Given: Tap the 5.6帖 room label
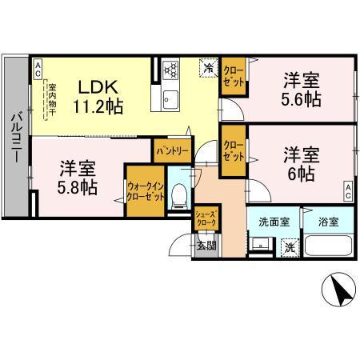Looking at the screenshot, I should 301,90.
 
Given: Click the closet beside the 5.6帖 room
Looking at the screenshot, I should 234,77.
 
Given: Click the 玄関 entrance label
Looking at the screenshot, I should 206,246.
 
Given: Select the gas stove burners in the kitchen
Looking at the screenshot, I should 171,70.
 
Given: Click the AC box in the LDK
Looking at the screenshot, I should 38,69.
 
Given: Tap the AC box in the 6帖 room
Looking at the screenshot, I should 349,190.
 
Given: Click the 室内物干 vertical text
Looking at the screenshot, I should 50,100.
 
